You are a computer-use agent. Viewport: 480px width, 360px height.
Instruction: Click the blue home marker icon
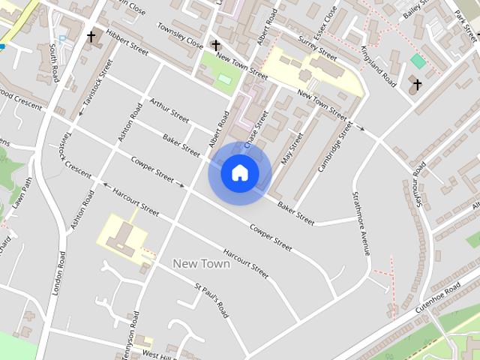pyautogui.click(x=239, y=173)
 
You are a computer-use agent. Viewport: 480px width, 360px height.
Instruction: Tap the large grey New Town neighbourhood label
pyautogui.click(x=201, y=263)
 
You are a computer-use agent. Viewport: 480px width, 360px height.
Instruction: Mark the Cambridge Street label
pyautogui.click(x=334, y=146)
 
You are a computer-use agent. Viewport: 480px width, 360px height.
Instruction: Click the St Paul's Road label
pyautogui.click(x=211, y=300)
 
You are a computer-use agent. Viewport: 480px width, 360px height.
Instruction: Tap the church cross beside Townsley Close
pyautogui.click(x=216, y=46)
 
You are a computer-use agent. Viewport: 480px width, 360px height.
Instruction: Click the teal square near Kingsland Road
pyautogui.click(x=418, y=61)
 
